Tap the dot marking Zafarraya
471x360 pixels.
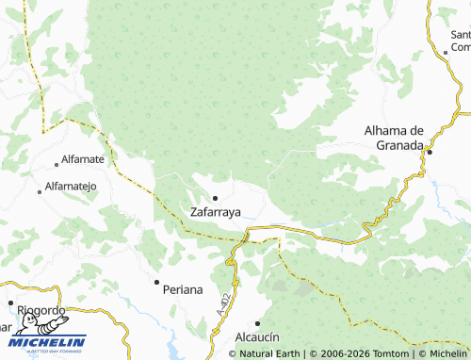(216, 198)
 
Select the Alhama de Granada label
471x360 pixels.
(397, 137)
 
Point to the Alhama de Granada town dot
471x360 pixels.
(430, 152)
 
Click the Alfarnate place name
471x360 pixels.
(82, 160)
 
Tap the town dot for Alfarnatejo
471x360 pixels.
(40, 191)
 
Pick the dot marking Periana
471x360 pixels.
(156, 282)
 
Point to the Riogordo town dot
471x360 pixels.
(11, 303)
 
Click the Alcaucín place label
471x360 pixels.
(259, 335)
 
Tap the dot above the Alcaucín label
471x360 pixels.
(257, 321)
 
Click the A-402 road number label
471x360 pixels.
(222, 303)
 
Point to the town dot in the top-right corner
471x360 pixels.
(445, 54)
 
